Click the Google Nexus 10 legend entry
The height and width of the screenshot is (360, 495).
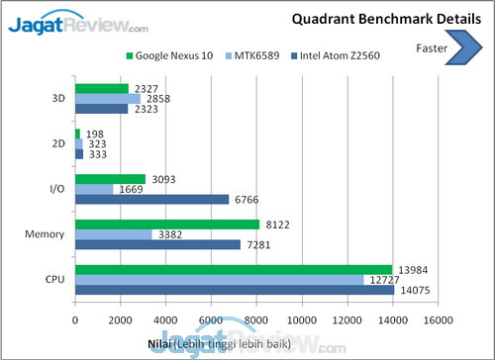click(173, 57)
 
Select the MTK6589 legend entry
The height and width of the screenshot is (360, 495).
click(261, 57)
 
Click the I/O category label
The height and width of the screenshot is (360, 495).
click(57, 190)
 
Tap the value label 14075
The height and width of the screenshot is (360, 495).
click(414, 290)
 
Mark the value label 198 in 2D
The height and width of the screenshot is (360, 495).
click(95, 134)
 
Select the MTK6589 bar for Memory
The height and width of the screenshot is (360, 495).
click(113, 234)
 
